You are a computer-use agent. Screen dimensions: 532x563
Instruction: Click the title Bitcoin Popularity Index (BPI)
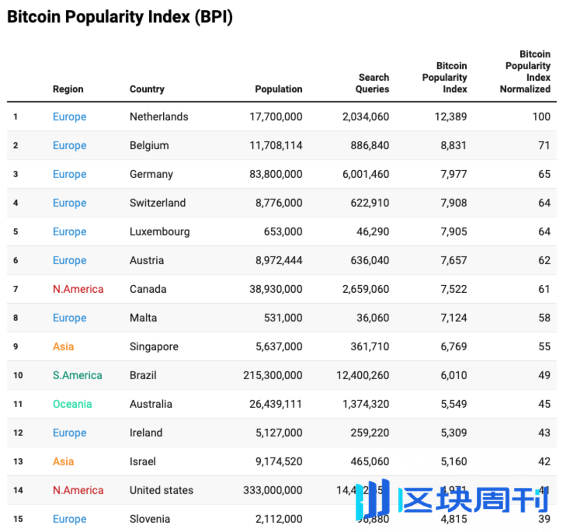(x=120, y=17)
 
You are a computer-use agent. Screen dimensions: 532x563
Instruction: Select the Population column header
(x=278, y=89)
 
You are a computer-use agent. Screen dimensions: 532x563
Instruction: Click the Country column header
(x=147, y=89)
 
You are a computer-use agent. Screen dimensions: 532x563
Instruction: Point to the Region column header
(x=68, y=89)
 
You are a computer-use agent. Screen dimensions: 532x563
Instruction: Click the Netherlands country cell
(x=159, y=117)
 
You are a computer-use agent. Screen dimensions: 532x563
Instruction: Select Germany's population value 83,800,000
(x=275, y=175)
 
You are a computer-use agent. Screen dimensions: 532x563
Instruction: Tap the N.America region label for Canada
(x=78, y=289)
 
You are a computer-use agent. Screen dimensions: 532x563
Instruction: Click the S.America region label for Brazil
(x=77, y=375)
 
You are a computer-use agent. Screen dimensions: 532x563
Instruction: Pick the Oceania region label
(x=72, y=404)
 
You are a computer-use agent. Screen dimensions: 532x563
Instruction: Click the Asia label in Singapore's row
(x=63, y=347)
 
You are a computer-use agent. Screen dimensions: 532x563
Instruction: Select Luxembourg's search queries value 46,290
(x=373, y=232)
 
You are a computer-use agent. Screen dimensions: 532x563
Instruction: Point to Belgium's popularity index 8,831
(x=453, y=145)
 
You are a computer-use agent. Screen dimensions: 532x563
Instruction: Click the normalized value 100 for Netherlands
(x=541, y=117)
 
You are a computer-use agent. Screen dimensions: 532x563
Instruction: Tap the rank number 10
(x=18, y=375)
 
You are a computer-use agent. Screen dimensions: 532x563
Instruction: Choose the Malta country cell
(x=143, y=318)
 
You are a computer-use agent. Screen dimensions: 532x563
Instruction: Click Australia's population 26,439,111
(x=275, y=404)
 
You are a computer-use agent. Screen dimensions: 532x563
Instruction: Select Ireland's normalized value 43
(x=544, y=433)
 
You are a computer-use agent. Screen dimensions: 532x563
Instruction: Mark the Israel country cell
(x=143, y=462)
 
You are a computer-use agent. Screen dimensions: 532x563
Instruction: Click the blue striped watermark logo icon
(x=373, y=498)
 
